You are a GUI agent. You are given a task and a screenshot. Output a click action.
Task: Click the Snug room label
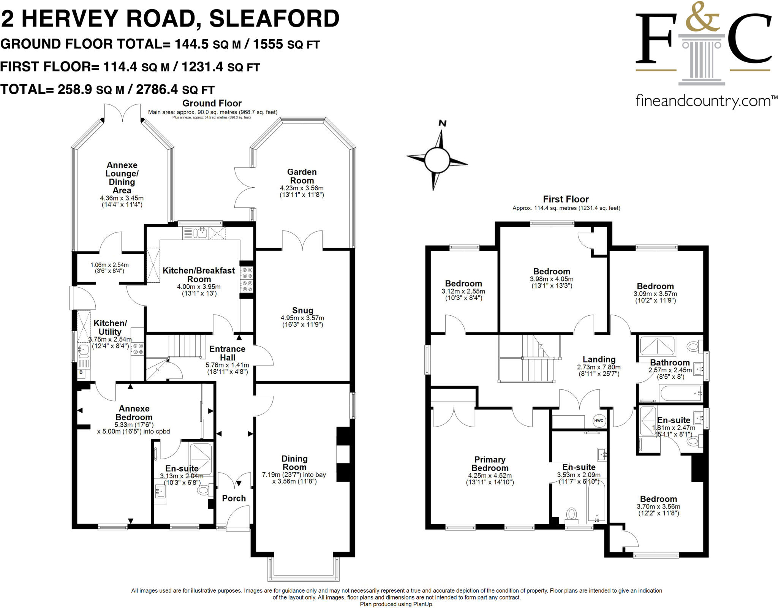pos(303,310)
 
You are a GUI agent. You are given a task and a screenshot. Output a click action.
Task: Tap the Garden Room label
pos(302,176)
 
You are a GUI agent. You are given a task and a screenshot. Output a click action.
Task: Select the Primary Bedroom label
pos(490,464)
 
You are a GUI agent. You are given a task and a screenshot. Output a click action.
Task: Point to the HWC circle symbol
pos(598,421)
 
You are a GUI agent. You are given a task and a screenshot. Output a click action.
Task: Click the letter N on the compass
pos(442,123)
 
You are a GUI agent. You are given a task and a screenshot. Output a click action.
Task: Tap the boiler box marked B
pos(81,373)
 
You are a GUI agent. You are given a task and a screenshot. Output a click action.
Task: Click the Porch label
pos(234,498)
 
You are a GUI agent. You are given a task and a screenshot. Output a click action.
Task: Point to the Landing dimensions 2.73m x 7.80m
pos(599,367)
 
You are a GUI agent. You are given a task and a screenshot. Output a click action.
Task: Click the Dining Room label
pos(294,463)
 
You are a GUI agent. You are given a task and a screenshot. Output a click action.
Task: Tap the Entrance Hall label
pos(227,353)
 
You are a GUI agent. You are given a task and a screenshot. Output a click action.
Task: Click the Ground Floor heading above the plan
pos(212,103)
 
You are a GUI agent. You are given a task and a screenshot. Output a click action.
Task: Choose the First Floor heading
pos(566,199)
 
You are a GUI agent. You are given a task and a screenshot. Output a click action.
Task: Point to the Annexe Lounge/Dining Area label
pos(122,177)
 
